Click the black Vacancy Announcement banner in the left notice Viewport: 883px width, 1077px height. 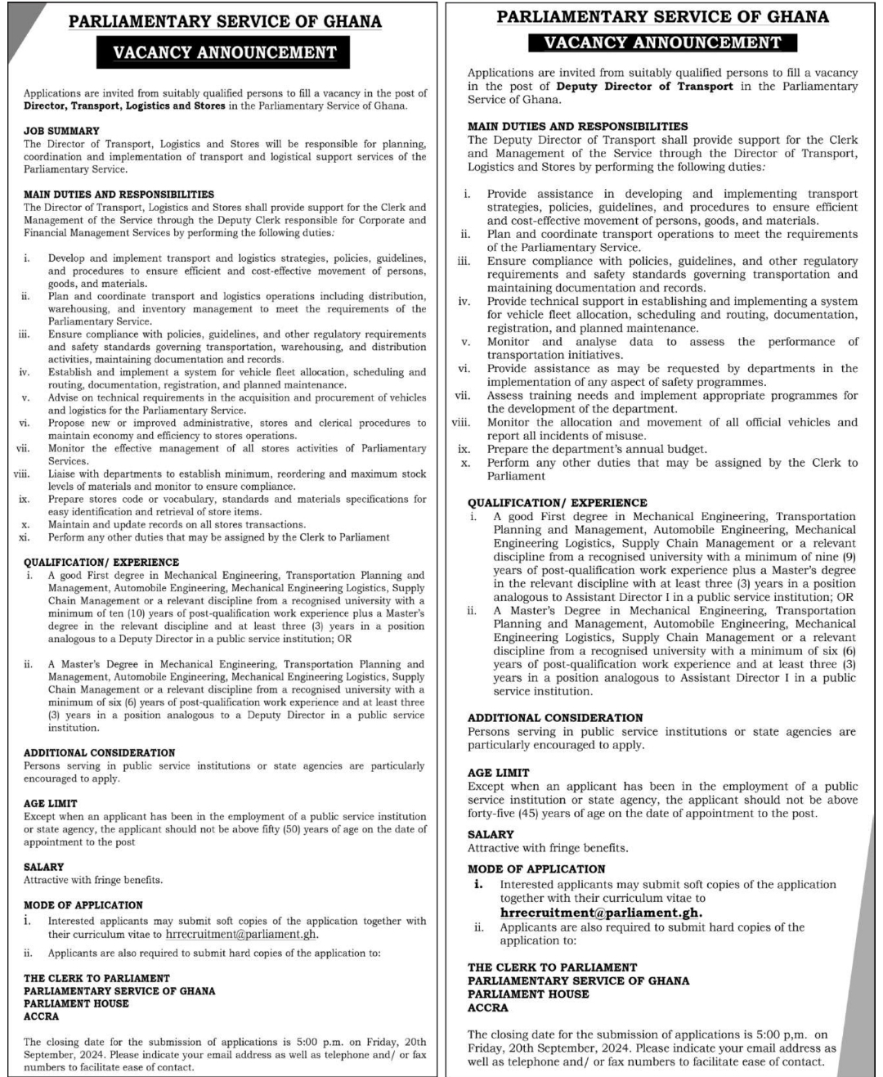tap(225, 53)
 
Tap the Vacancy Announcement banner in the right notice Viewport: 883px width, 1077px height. tap(662, 43)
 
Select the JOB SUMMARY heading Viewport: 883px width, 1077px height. tap(61, 131)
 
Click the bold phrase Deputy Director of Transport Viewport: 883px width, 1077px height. tap(644, 86)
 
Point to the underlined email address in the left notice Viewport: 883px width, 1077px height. tap(240, 934)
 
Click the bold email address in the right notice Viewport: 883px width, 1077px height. tap(601, 913)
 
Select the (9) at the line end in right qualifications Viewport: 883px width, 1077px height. tap(848, 557)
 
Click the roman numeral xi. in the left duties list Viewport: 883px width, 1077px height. tap(25, 537)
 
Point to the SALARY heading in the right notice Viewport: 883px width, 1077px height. tap(491, 835)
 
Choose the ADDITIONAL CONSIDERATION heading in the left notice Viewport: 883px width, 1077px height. tap(100, 753)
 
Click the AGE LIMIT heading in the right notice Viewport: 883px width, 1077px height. tap(499, 773)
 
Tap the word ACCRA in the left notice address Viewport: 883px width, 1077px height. tap(42, 1016)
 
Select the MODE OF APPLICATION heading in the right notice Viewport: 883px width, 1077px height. tap(536, 869)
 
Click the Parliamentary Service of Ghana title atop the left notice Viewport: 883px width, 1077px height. tap(225, 22)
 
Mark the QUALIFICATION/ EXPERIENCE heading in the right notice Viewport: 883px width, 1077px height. tap(558, 503)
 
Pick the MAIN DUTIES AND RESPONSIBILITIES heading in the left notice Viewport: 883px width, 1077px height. tap(119, 195)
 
